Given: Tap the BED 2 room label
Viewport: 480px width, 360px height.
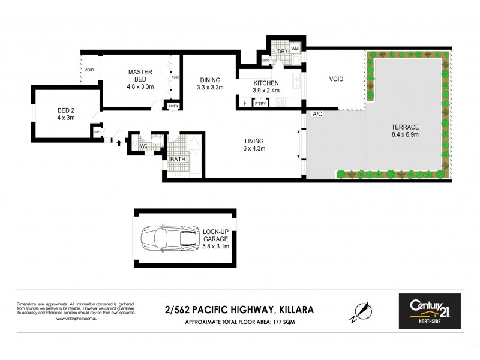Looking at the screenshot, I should coord(66,114).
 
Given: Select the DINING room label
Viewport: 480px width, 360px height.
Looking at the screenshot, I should coord(209,83).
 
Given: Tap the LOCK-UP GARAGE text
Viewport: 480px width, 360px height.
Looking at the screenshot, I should coord(216,239).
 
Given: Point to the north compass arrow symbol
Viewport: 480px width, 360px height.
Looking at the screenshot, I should coord(361,311).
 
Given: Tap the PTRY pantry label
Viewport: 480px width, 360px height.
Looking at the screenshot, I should coord(260,104).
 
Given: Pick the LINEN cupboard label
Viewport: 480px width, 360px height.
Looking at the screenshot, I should coord(173,106).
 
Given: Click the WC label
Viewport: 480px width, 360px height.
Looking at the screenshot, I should coord(144,146).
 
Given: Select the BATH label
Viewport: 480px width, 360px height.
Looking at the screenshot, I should coord(178,160).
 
